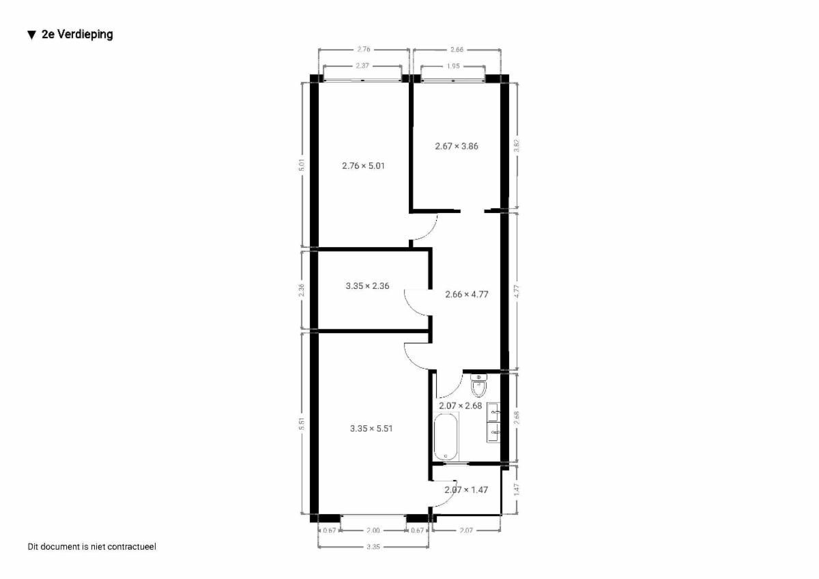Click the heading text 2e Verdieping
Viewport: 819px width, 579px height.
click(77, 34)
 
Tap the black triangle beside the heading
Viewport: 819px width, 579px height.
click(32, 35)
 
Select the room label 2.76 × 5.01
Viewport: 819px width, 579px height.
click(363, 166)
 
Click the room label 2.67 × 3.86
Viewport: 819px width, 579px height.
click(457, 146)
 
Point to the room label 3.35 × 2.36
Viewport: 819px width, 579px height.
click(367, 285)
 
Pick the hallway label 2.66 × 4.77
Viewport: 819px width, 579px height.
click(467, 294)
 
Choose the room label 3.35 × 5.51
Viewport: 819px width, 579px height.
click(371, 428)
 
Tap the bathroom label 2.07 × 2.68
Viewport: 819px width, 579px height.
click(460, 406)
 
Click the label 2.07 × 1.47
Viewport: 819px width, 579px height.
click(466, 490)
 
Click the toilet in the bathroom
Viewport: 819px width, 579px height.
click(478, 386)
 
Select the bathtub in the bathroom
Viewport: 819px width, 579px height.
click(446, 436)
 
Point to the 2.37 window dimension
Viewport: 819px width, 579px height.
click(362, 66)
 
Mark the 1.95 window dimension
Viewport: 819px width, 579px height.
click(453, 66)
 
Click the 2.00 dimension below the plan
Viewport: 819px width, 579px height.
click(373, 531)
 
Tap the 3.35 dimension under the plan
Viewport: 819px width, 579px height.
click(373, 547)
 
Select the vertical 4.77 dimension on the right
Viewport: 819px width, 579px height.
click(517, 291)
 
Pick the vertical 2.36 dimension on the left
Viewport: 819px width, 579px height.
click(301, 290)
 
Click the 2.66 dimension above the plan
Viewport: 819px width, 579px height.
click(457, 49)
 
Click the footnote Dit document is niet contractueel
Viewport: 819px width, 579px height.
click(91, 546)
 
